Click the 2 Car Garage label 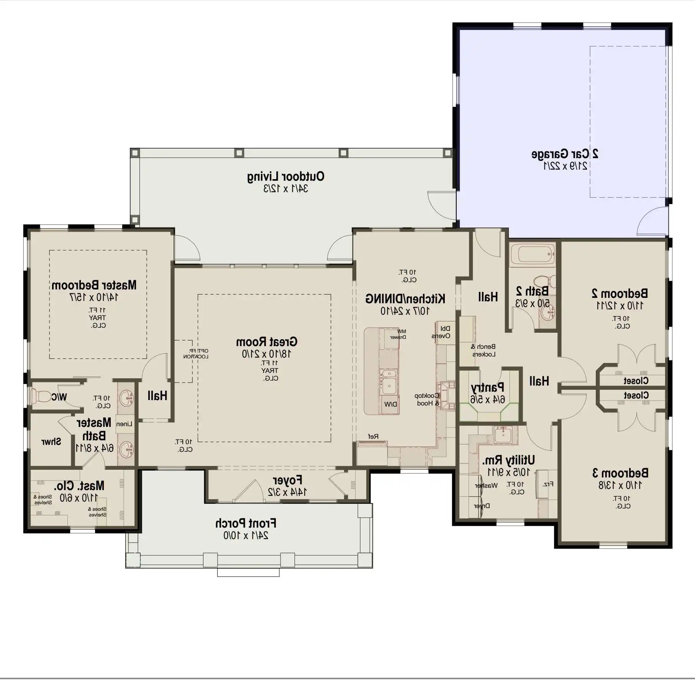565,154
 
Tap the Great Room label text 266,342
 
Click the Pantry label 487,388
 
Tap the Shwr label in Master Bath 51,442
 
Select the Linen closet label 124,424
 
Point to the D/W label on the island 390,404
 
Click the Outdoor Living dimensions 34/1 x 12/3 285,188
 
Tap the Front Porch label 246,523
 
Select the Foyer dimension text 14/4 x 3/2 287,492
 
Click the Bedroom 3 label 620,473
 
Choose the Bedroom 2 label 620,294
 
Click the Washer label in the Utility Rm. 486,485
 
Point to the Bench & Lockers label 484,350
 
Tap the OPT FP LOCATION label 196,353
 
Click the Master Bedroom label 94,285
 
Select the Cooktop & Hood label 427,399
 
